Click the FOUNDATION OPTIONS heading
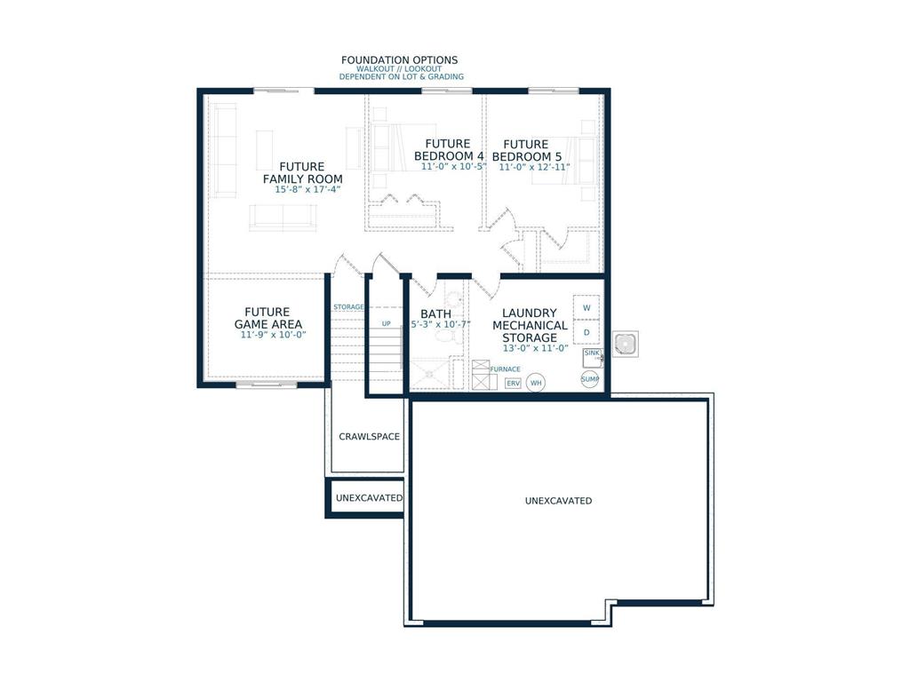[x=399, y=60]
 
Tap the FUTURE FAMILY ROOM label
[x=302, y=173]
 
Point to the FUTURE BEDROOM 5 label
[x=526, y=150]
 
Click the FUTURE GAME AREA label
[x=267, y=318]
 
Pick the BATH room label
[x=435, y=313]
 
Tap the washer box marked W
[x=587, y=307]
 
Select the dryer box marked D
[x=587, y=332]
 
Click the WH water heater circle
[x=536, y=383]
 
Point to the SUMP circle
[x=590, y=379]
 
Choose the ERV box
[x=513, y=383]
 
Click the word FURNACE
[x=505, y=369]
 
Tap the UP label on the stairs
[x=387, y=323]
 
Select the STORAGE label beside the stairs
[x=348, y=307]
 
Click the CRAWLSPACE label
[x=370, y=437]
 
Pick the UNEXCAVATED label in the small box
[x=369, y=498]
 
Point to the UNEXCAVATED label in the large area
[x=558, y=501]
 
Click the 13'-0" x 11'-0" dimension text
[x=534, y=348]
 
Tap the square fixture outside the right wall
[x=625, y=343]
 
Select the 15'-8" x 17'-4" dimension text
[x=302, y=189]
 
